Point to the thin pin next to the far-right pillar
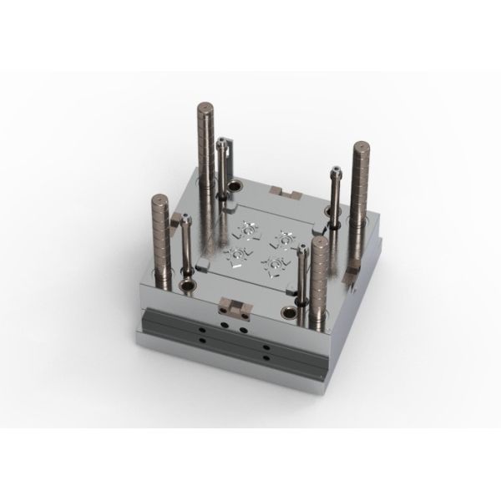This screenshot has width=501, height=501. [334, 200]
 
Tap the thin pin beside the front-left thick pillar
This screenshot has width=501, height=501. [185, 246]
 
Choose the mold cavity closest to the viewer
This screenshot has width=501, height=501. [271, 266]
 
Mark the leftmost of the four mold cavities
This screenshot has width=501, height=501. [235, 248]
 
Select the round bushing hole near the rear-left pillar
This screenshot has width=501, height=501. [235, 185]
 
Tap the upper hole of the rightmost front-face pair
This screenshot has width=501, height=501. [265, 344]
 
